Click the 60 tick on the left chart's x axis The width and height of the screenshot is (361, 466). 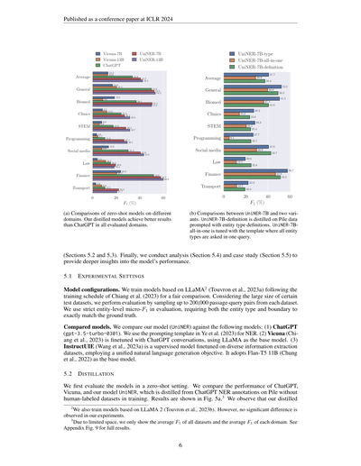coord(163,197)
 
